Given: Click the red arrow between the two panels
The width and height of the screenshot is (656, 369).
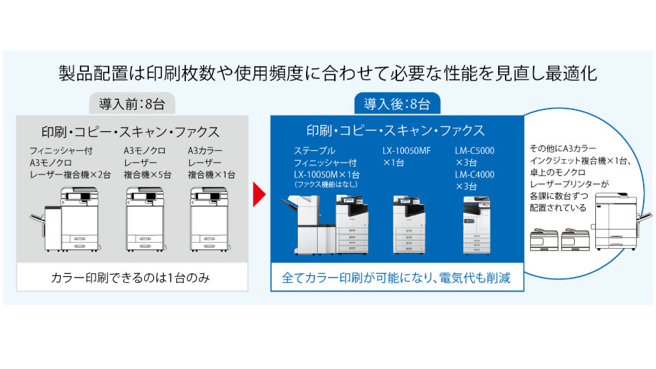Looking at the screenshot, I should click(x=258, y=195).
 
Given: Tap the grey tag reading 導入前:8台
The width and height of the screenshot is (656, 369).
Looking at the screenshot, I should click(x=133, y=105).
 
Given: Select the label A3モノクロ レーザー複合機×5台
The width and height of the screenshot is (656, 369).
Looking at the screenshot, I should click(x=147, y=162).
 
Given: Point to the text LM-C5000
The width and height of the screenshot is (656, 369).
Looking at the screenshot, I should click(x=474, y=150).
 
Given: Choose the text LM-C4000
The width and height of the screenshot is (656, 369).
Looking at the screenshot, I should click(x=474, y=174).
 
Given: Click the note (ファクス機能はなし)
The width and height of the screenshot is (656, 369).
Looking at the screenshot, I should click(x=326, y=184).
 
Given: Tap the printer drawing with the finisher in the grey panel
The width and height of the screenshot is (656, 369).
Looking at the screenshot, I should click(x=68, y=219).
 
